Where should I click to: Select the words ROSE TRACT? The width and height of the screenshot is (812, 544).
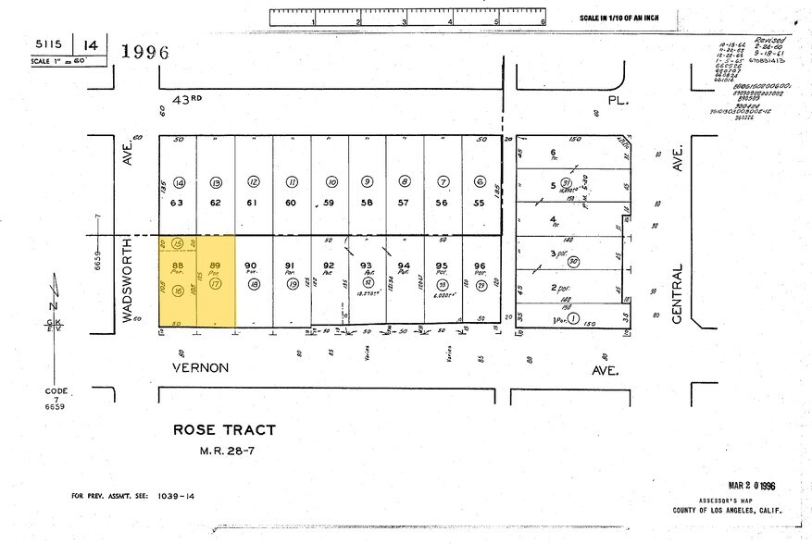(x=224, y=429)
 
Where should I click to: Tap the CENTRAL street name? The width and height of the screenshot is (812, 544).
(x=678, y=294)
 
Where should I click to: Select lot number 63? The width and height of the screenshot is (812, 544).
(x=179, y=202)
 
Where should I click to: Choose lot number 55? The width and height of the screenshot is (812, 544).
(x=480, y=202)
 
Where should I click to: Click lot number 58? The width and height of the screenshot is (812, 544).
(x=367, y=202)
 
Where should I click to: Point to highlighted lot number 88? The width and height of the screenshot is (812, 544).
(x=179, y=265)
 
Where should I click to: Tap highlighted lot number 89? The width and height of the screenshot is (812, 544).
(x=216, y=265)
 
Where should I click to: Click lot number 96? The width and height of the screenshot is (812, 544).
(x=480, y=265)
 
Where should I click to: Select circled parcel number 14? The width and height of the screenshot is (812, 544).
(x=179, y=182)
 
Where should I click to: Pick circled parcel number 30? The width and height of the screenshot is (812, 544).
(x=574, y=262)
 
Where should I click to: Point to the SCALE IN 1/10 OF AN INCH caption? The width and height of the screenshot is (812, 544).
(x=625, y=18)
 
